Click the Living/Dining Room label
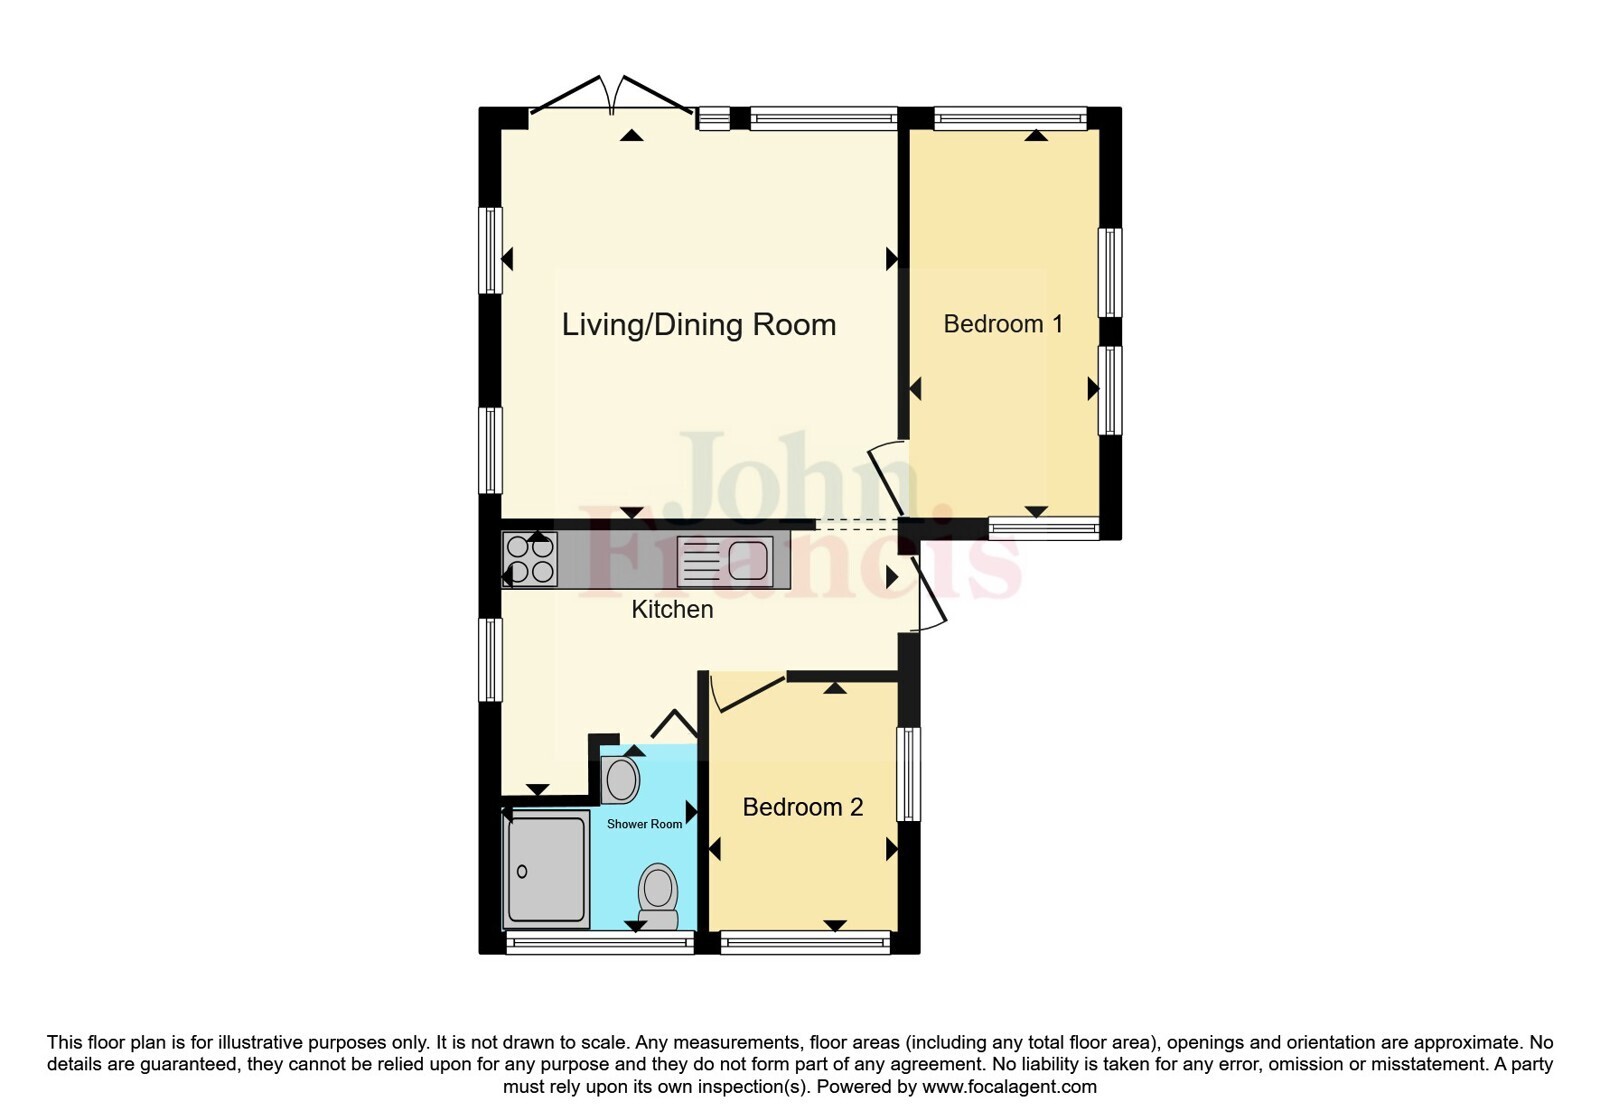click(699, 326)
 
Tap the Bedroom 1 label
click(1003, 324)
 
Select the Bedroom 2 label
click(803, 807)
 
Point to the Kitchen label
click(672, 609)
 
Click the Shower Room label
click(644, 824)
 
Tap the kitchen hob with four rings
click(530, 560)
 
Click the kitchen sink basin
click(748, 560)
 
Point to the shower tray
click(546, 869)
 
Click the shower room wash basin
click(620, 780)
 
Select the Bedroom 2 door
click(748, 691)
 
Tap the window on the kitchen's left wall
click(490, 660)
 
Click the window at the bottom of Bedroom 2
click(805, 942)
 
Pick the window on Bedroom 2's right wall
click(909, 774)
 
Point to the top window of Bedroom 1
click(1010, 119)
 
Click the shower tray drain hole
click(522, 871)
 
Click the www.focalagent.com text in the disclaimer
click(1009, 1087)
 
